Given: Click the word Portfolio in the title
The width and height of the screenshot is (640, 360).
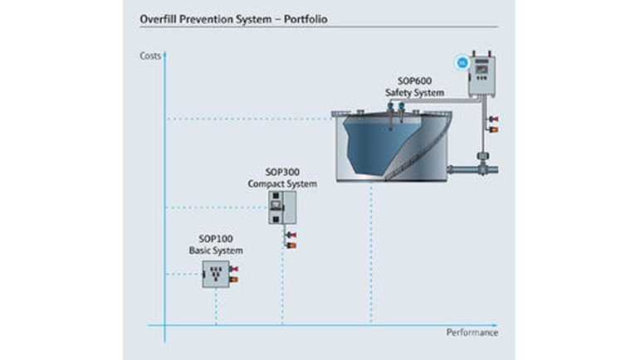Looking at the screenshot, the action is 305,19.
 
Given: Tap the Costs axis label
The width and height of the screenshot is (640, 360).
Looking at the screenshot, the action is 150,56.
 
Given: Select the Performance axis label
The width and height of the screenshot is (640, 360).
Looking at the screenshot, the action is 471,333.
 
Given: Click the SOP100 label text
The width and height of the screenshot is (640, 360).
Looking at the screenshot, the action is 216,239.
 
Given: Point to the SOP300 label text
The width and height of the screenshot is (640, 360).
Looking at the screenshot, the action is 282,172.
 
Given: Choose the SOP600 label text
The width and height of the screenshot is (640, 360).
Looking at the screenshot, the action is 414,81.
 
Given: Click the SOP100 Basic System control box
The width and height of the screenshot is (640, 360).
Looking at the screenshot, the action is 216,275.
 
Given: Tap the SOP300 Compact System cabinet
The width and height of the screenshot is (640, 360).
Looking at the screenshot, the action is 282,208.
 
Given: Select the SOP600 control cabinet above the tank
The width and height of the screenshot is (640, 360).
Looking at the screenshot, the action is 481,76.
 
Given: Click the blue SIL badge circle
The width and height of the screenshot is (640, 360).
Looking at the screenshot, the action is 462,63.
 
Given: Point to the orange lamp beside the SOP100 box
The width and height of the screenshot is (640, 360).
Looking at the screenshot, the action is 233,280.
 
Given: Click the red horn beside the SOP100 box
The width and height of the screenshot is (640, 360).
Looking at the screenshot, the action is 233,269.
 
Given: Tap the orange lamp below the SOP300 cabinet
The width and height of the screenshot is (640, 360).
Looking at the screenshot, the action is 291,246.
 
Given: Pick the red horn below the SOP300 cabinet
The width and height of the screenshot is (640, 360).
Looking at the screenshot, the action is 291,236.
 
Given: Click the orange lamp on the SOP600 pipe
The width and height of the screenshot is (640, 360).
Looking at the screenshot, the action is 493,129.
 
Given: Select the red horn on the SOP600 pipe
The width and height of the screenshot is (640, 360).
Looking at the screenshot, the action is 493,119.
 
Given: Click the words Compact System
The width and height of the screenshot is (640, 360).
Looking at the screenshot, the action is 282,184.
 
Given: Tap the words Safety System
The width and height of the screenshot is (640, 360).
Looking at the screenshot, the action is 414,93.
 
